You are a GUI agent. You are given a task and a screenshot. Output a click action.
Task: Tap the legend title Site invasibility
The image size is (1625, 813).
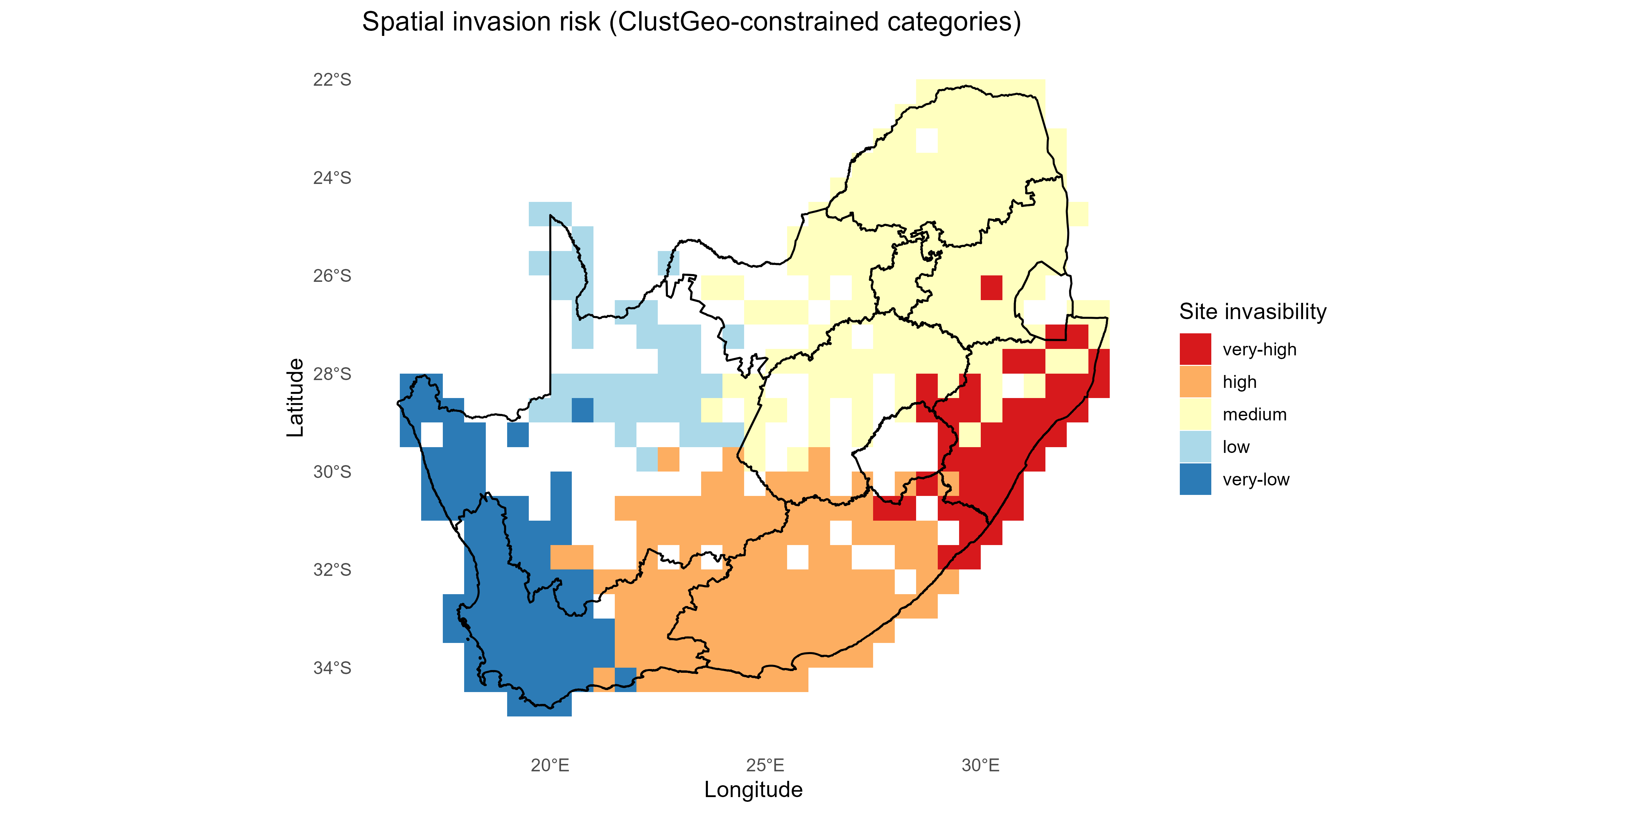1252,312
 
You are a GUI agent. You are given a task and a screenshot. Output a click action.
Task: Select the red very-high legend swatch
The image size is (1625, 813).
1195,349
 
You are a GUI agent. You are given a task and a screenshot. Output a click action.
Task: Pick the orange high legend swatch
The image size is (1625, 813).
1195,382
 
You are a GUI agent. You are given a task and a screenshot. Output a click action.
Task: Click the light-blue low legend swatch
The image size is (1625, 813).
1195,447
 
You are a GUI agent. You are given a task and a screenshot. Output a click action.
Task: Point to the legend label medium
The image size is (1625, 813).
1254,415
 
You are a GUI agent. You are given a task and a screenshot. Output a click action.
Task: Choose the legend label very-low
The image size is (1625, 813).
1255,480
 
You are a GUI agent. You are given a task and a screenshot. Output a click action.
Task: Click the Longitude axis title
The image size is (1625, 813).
753,790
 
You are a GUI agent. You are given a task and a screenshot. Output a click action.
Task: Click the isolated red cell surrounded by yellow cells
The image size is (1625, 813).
991,288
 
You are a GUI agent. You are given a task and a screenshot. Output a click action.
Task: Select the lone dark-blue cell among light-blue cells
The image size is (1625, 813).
582,410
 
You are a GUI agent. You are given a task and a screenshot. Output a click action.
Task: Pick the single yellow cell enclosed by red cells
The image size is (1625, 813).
970,435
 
